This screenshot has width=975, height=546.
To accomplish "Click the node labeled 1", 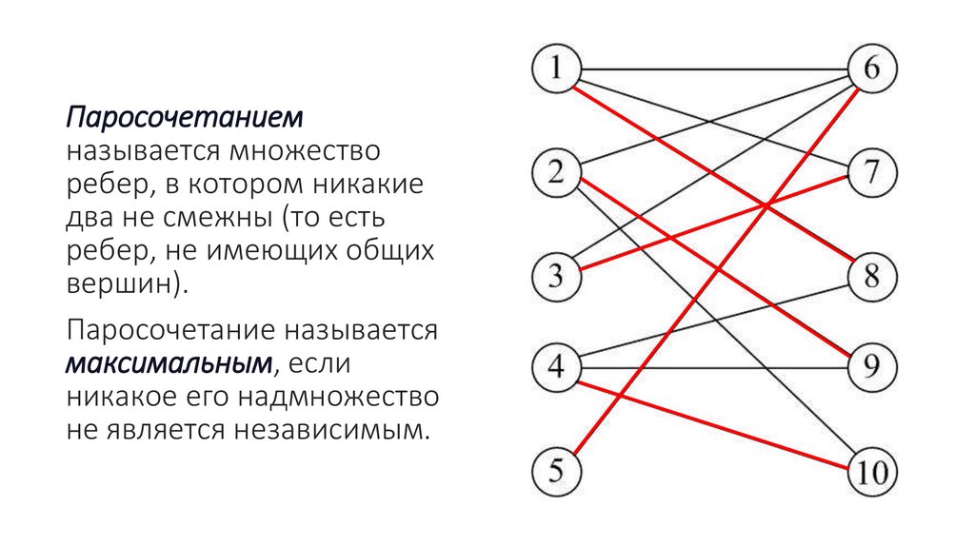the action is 556,68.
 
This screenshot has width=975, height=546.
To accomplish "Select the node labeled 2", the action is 556,172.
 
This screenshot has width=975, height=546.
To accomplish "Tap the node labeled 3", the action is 556,276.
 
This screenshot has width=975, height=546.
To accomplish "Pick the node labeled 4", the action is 556,367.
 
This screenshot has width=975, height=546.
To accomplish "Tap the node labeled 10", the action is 872,471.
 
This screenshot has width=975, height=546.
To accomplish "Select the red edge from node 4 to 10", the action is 714,425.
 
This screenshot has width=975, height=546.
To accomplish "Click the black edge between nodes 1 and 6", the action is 714,68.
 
